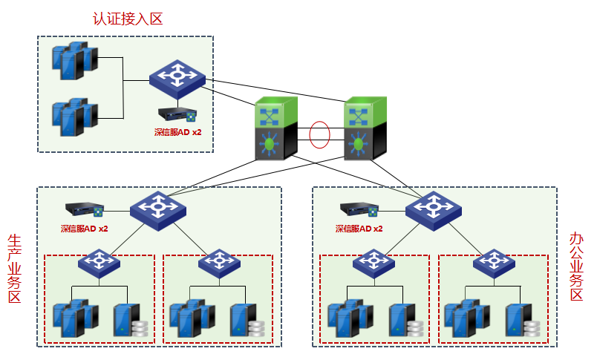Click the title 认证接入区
128,19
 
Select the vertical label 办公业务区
576,267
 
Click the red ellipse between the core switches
320,135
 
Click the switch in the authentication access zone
177,79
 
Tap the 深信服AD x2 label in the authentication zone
177,132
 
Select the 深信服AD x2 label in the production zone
84,229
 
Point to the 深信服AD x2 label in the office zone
359,229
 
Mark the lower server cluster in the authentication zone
74,115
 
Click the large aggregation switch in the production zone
157,210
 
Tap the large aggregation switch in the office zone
433,210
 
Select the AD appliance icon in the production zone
84,211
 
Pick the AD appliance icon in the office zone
359,211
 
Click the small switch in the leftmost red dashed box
99,263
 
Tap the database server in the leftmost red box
128,320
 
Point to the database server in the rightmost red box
521,320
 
